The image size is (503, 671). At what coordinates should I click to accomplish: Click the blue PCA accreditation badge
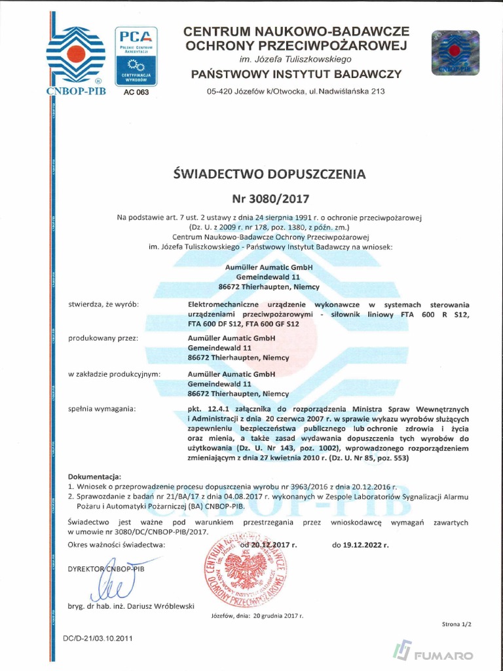[x=137, y=56]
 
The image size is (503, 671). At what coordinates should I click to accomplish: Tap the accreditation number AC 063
[x=136, y=92]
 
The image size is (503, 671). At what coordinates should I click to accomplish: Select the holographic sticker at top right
[x=455, y=53]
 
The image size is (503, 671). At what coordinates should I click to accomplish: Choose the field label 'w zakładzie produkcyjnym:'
[x=115, y=374]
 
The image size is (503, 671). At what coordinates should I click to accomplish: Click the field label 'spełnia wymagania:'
[x=102, y=410]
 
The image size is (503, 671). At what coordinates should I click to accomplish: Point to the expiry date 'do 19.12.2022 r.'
[x=360, y=545]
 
